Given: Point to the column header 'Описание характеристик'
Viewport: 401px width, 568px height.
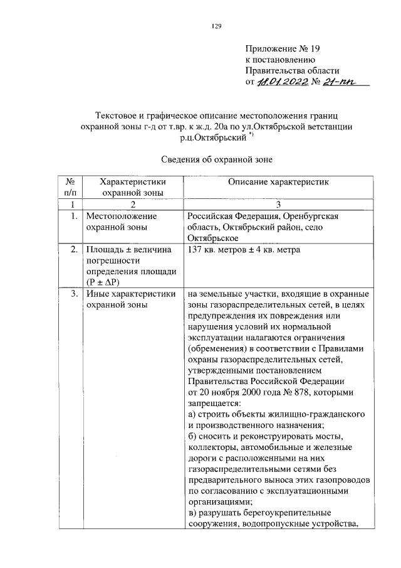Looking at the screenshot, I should point(278,182).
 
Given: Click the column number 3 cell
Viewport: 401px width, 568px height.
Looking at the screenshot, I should point(278,205).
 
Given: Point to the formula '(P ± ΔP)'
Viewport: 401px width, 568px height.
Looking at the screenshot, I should point(104,282).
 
